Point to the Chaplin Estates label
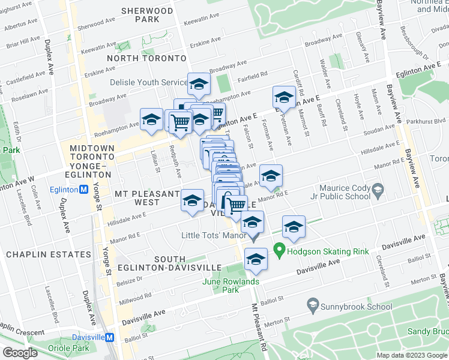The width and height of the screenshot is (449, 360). pos(48,254)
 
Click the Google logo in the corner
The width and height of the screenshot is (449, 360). pos(20,353)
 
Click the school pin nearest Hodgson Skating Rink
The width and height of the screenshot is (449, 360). pos(294,227)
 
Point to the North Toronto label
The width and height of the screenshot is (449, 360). pos(146,58)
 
